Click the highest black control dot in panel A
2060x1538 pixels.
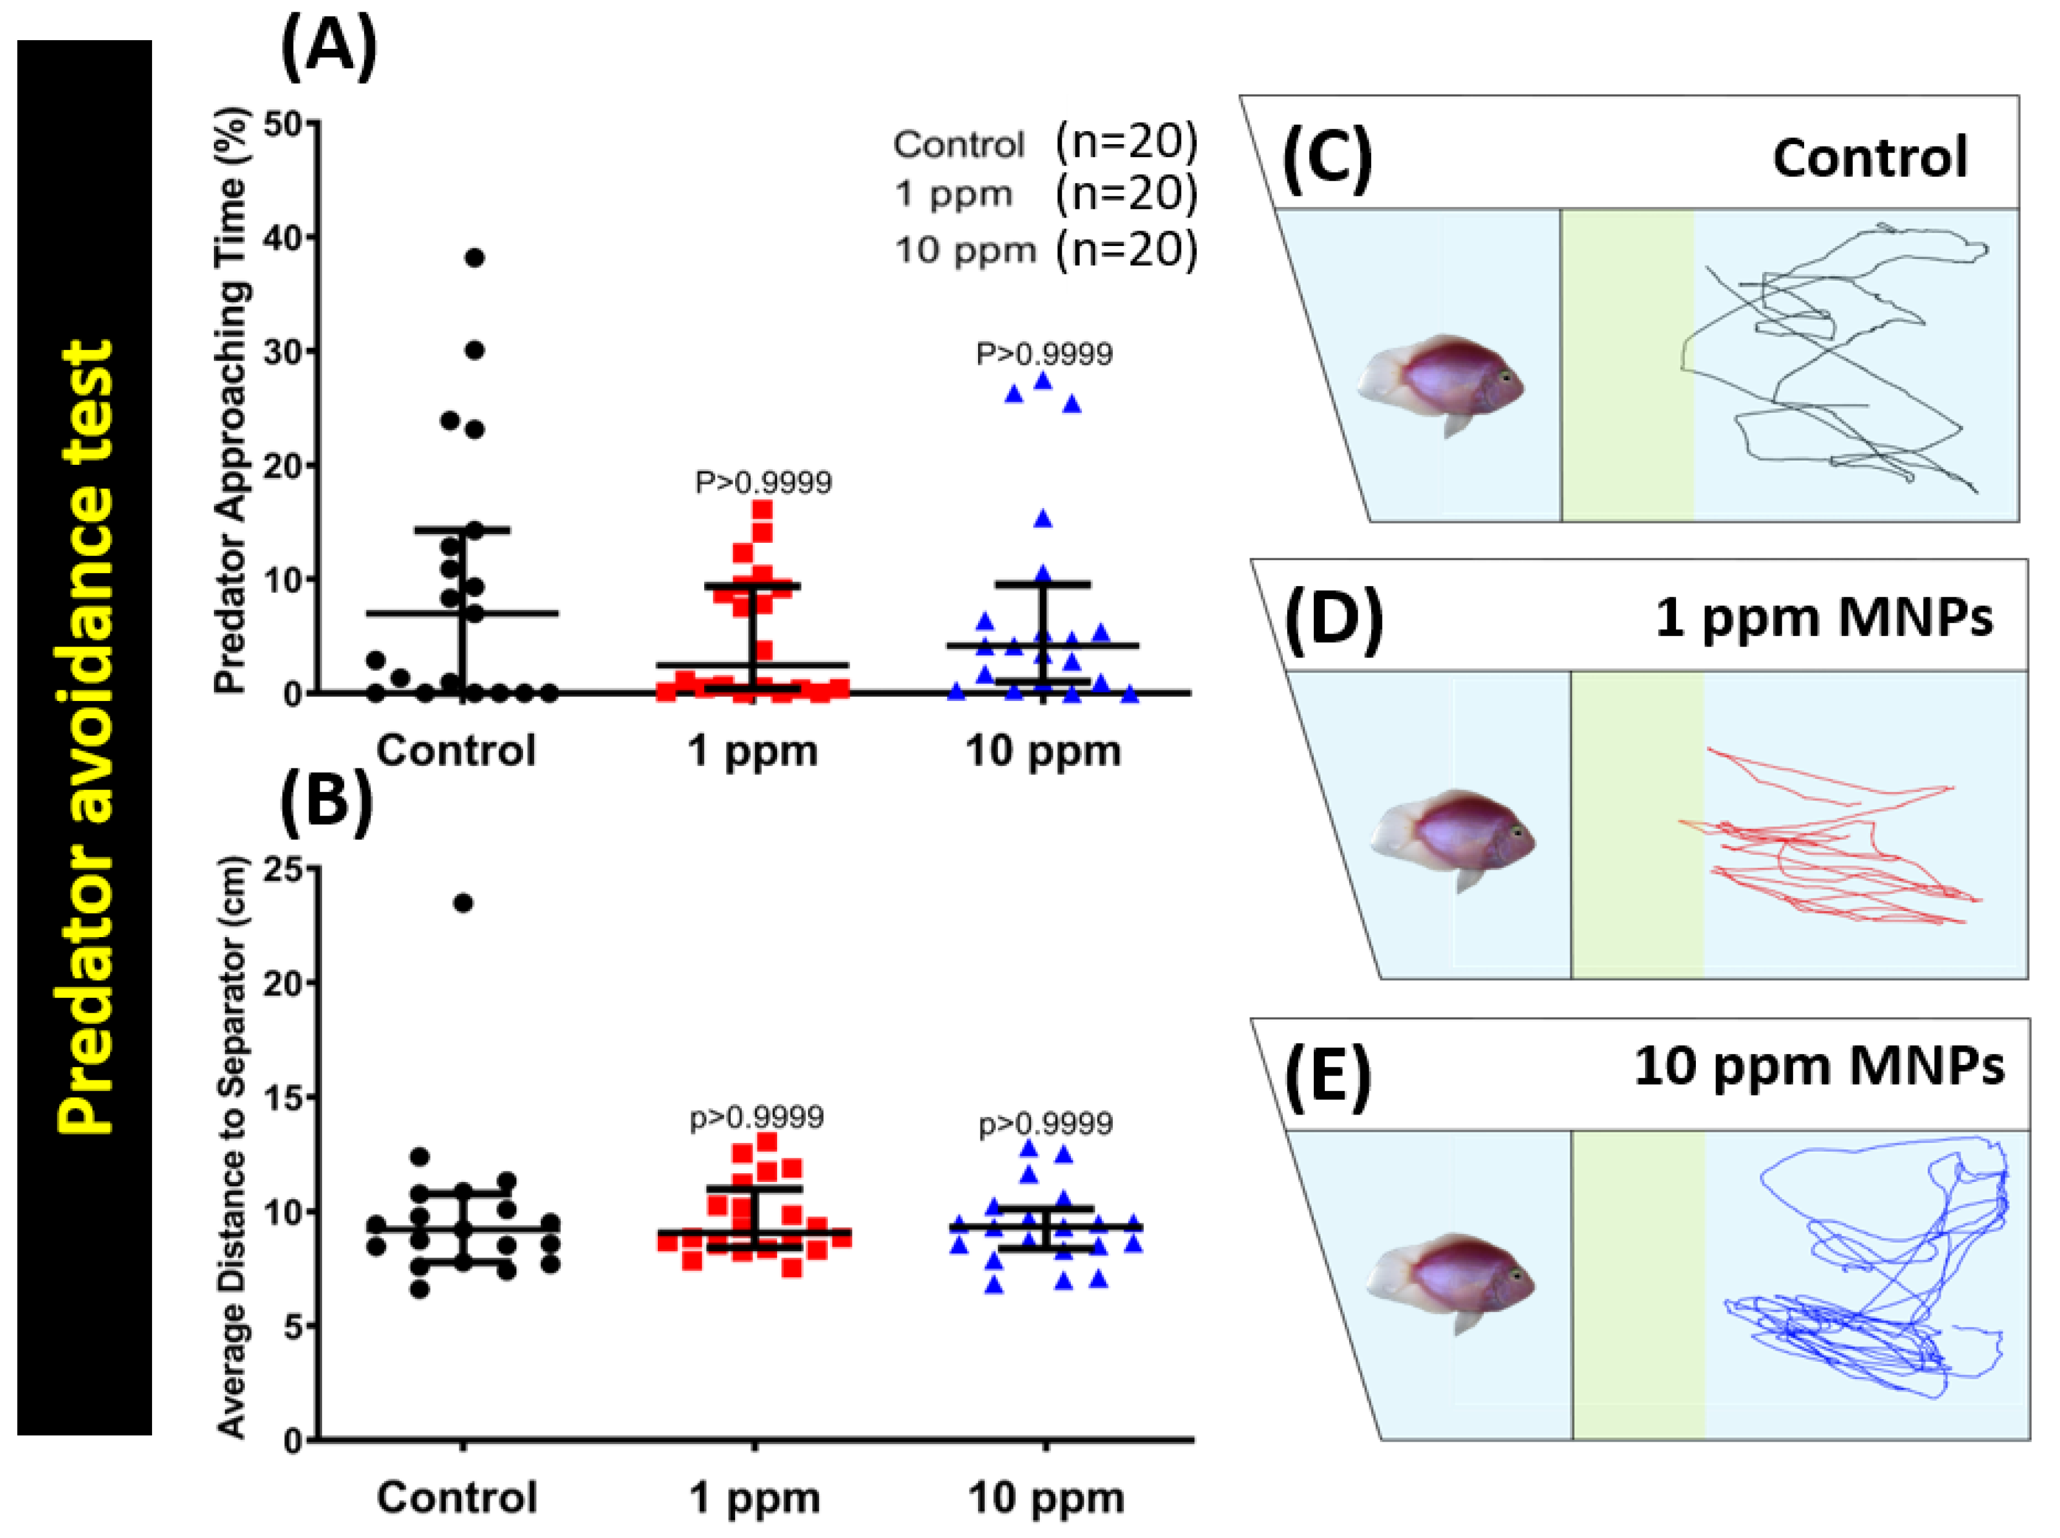click(x=474, y=258)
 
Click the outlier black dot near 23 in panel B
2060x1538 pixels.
click(x=462, y=903)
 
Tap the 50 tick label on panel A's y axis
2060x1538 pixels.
click(x=286, y=124)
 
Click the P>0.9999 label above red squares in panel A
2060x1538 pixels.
click(x=764, y=482)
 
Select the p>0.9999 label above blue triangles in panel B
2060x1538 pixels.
click(x=1044, y=1124)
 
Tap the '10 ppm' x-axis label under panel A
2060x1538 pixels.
click(x=1042, y=751)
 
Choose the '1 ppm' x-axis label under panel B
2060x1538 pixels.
click(x=754, y=1498)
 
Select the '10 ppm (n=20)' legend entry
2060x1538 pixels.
click(x=1044, y=250)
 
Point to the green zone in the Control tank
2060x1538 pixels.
click(x=1627, y=365)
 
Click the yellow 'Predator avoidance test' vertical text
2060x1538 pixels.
click(x=86, y=736)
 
